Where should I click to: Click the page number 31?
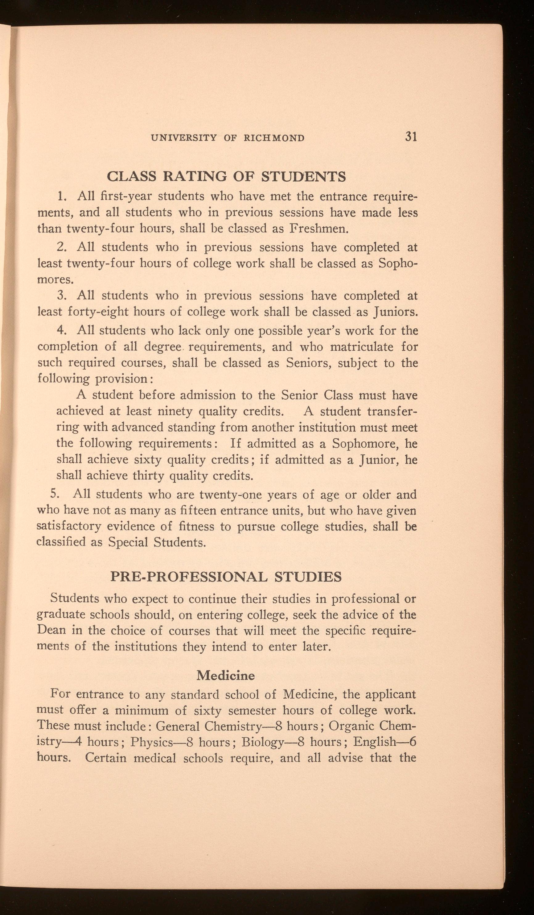(410, 137)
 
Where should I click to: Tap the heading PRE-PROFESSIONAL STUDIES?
(226, 577)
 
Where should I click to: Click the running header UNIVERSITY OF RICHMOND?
(228, 138)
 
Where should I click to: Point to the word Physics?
(151, 741)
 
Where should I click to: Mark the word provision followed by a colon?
(120, 379)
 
